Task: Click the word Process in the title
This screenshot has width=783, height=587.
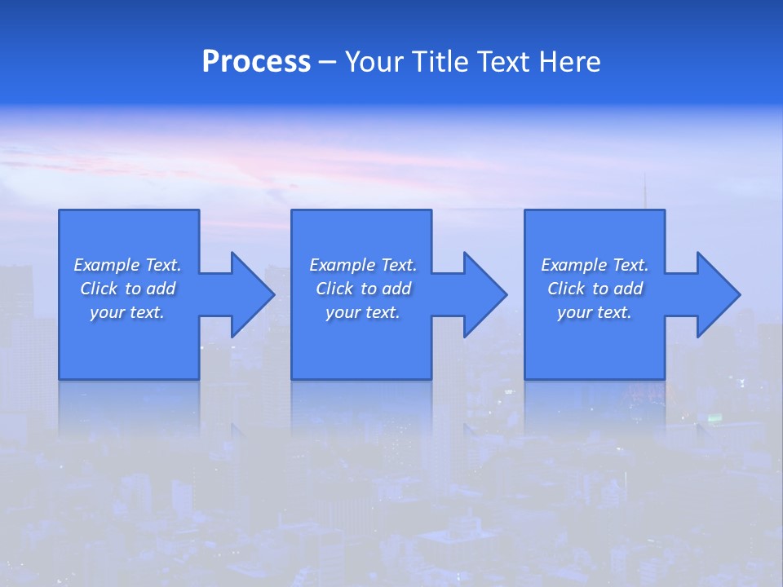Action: (256, 62)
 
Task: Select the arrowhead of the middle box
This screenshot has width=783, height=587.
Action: (484, 294)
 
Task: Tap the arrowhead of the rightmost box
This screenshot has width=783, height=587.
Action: (717, 294)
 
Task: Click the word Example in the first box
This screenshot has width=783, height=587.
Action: (106, 265)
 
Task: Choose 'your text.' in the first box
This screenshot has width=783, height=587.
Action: (127, 312)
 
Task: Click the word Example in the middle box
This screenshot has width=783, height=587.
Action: (342, 265)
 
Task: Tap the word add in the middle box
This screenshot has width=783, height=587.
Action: (396, 289)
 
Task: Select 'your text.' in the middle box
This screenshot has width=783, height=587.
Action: (363, 312)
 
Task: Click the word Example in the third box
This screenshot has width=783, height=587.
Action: (573, 265)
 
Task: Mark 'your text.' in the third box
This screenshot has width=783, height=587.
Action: (595, 312)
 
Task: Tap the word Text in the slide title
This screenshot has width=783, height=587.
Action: (503, 62)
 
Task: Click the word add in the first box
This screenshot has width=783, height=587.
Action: (161, 289)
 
